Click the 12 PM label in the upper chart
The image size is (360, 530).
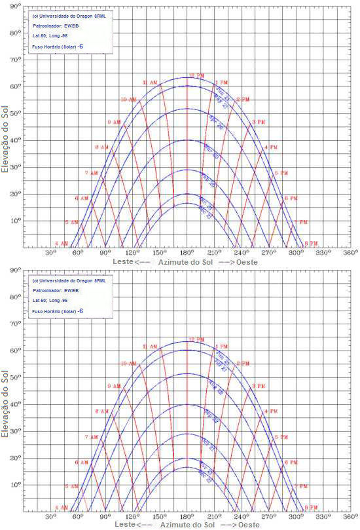click(x=196, y=75)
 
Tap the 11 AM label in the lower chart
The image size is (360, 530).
click(x=149, y=347)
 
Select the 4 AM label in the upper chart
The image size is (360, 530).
click(x=61, y=243)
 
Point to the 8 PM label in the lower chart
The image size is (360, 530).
click(x=310, y=507)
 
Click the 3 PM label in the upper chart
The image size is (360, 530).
click(x=259, y=122)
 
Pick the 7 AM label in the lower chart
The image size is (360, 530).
click(x=92, y=436)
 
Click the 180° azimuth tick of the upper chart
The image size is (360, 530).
click(x=187, y=252)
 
